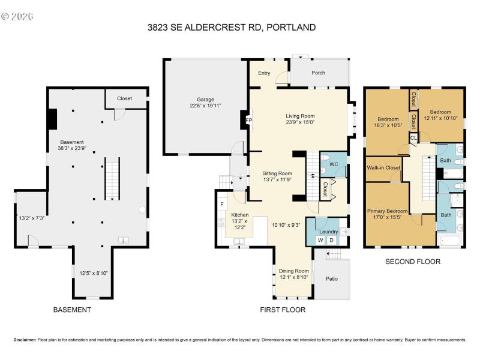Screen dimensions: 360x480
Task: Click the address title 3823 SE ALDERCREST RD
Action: pyautogui.click(x=231, y=27)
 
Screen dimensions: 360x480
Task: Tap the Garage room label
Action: pyautogui.click(x=205, y=100)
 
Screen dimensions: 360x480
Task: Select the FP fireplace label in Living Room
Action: pyautogui.click(x=248, y=119)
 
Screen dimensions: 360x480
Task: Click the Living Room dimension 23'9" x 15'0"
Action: pyautogui.click(x=299, y=122)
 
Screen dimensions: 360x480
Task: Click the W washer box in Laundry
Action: pyautogui.click(x=320, y=241)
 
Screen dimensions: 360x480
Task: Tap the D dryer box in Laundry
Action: pyautogui.click(x=331, y=241)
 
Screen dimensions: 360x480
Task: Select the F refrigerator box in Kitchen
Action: pyautogui.click(x=222, y=205)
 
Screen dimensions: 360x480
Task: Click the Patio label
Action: pyautogui.click(x=331, y=278)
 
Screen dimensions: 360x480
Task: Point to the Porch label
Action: pyautogui.click(x=317, y=73)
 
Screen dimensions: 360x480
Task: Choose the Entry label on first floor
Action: pyautogui.click(x=264, y=73)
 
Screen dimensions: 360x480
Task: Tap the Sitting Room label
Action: pyautogui.click(x=277, y=173)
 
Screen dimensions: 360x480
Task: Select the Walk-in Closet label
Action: pyautogui.click(x=383, y=168)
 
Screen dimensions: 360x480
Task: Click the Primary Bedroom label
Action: pyautogui.click(x=388, y=211)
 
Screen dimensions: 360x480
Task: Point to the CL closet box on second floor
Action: pyautogui.click(x=413, y=138)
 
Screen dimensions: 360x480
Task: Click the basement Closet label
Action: pyautogui.click(x=124, y=98)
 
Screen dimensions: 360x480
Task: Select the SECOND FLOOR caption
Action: pyautogui.click(x=413, y=262)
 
